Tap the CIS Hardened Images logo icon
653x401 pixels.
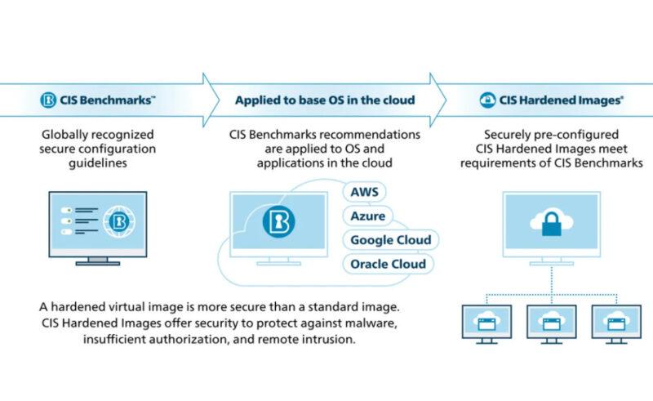pos(489,100)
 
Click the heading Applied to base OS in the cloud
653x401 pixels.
pos(325,100)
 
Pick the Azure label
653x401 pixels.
pos(368,218)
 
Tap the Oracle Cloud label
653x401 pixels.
pos(387,265)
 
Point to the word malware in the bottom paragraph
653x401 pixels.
pos(361,324)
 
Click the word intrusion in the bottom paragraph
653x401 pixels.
pos(332,341)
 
